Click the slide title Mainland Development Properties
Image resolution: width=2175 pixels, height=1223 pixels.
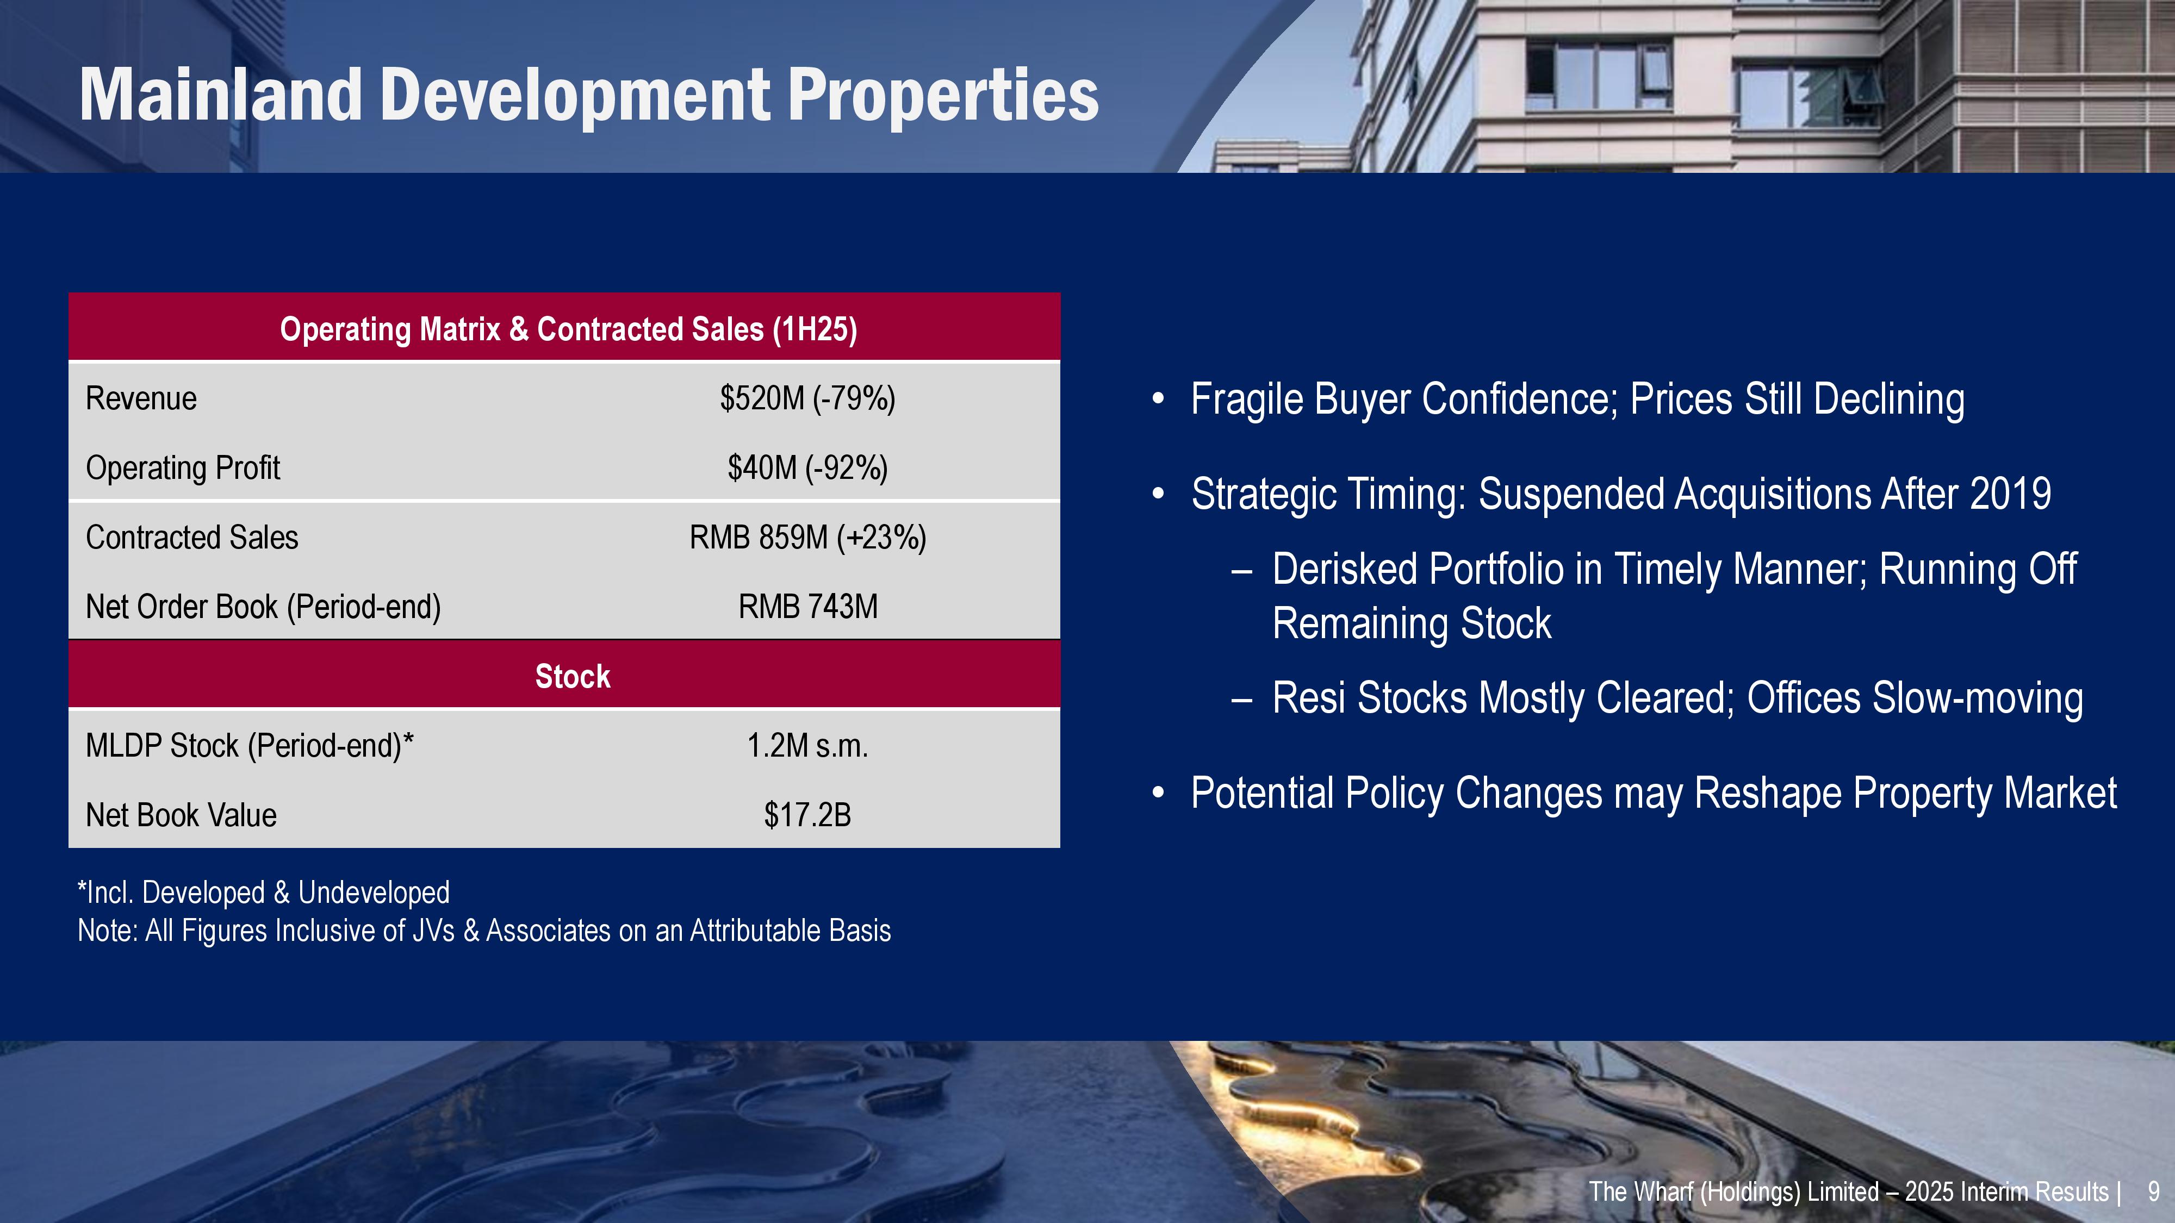(588, 95)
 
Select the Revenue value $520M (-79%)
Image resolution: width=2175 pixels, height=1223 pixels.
(807, 398)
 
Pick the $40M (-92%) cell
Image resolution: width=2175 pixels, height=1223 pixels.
(807, 467)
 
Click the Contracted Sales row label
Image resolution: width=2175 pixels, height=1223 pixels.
(191, 538)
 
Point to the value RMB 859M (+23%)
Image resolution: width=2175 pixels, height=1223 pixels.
(807, 538)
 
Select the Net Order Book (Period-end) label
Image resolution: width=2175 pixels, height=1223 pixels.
(263, 607)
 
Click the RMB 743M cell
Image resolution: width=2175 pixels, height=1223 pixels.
(807, 607)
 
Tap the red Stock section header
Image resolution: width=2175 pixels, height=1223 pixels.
(564, 675)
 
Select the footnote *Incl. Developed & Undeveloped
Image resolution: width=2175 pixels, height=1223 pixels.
(263, 892)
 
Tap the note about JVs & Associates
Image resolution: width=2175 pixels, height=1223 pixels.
(484, 930)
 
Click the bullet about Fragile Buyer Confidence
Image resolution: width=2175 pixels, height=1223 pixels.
(1577, 399)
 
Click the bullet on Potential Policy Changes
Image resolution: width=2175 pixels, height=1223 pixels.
(1653, 794)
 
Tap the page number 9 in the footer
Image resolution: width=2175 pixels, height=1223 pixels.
(2154, 1191)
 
